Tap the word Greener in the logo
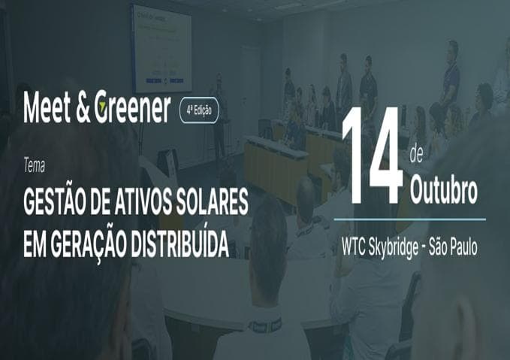click(134, 110)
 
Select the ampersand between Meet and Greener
click(85, 110)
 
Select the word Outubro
click(443, 192)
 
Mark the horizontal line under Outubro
click(409, 219)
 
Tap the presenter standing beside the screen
click(219, 113)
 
